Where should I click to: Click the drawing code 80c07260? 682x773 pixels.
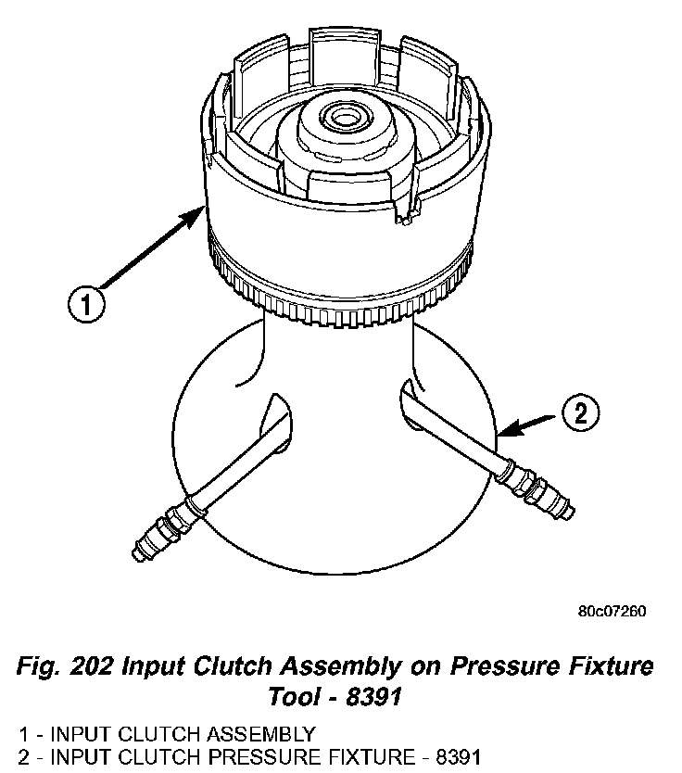click(611, 612)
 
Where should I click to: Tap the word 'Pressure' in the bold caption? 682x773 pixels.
click(469, 666)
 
